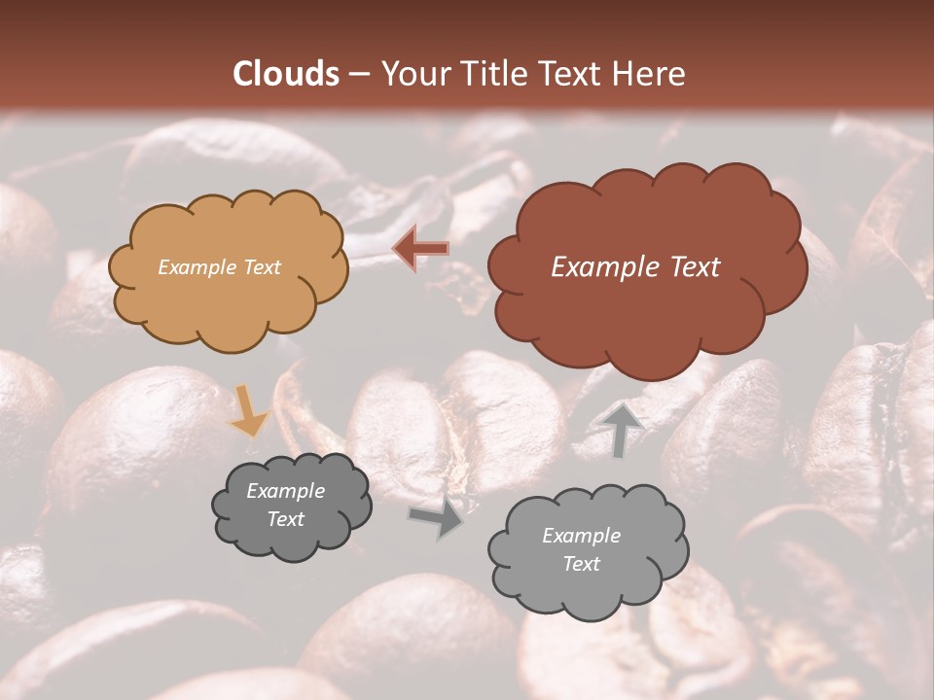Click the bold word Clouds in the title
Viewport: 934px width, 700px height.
tap(286, 74)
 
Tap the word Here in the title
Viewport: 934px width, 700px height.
tap(653, 74)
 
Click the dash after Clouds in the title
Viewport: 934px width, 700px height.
tap(358, 75)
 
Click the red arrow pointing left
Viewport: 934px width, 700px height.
tap(420, 249)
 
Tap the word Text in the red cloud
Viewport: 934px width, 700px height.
tap(694, 267)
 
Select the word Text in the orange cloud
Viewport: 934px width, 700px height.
tap(261, 267)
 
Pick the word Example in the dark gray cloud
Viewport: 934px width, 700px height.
tap(285, 491)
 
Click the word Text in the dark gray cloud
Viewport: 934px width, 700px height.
tap(285, 519)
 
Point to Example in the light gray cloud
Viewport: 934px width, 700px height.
tap(581, 536)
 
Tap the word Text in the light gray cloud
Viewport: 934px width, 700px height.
tap(581, 564)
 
